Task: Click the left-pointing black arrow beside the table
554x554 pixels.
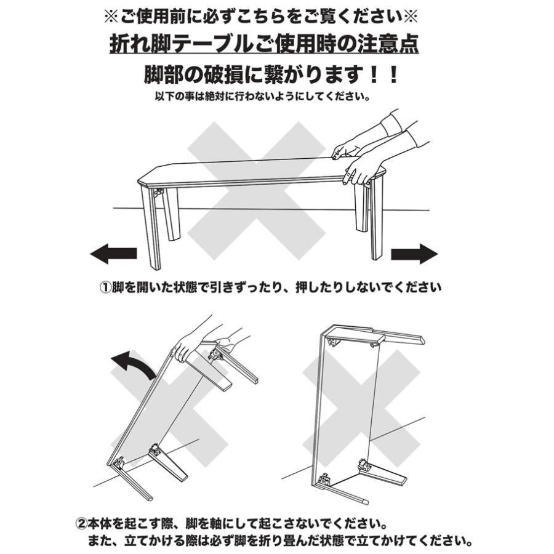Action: (x=113, y=253)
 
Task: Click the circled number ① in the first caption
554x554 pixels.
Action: (x=105, y=288)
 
